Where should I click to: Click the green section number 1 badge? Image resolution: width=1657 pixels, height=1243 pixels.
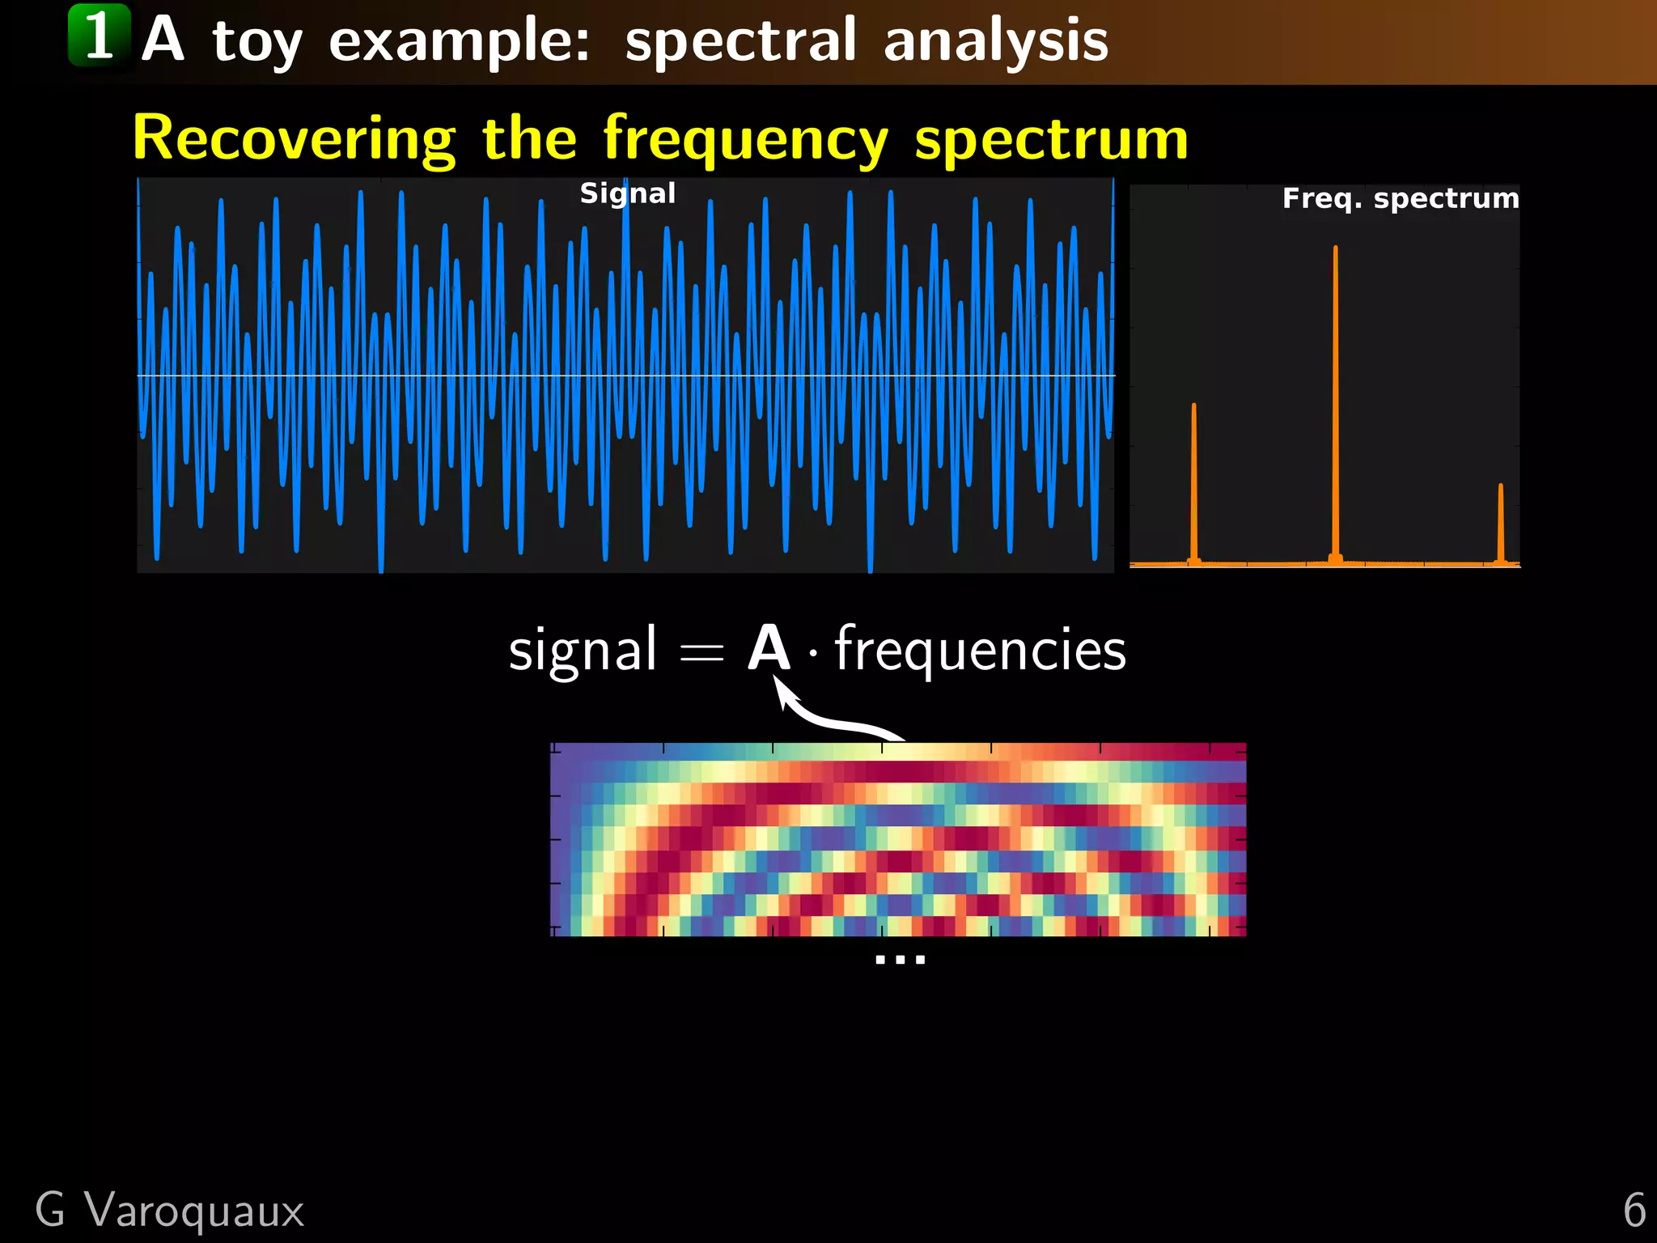click(x=99, y=35)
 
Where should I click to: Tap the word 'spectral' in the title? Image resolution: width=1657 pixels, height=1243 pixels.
click(x=740, y=40)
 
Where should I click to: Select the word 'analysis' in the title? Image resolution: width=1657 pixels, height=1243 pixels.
click(x=995, y=40)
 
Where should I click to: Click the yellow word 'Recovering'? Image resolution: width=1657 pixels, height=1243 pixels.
click(x=294, y=139)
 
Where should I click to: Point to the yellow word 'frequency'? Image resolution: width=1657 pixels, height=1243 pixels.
click(x=745, y=139)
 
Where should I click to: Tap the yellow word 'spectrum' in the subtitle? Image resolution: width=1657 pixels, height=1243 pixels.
click(x=1051, y=139)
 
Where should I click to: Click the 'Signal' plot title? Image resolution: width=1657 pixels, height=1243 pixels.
click(x=627, y=193)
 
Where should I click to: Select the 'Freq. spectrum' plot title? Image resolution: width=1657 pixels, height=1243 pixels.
click(x=1400, y=198)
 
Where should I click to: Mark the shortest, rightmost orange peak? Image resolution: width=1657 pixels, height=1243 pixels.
click(x=1501, y=522)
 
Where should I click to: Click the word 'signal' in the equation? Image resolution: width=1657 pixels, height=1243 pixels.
click(x=582, y=650)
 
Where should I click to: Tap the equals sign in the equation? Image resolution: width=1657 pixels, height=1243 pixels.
click(x=701, y=651)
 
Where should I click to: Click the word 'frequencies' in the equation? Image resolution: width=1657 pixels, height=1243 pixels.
click(x=980, y=650)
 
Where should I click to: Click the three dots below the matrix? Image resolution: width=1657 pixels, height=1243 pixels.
click(x=900, y=960)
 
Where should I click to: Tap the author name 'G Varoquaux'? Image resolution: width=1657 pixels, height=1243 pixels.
click(x=169, y=1211)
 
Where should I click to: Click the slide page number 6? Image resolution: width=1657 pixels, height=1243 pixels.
click(x=1634, y=1211)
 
